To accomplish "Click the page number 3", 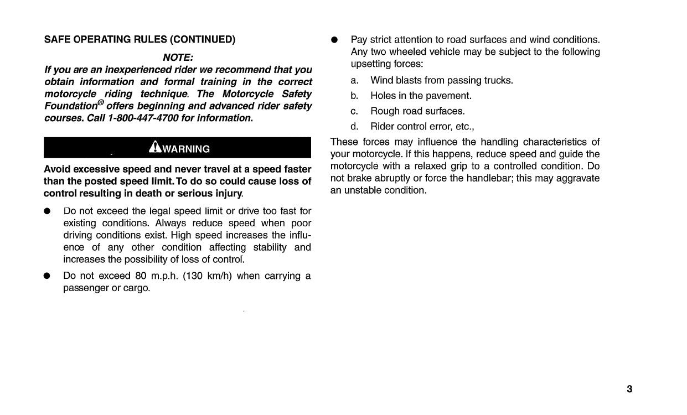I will pyautogui.click(x=629, y=389).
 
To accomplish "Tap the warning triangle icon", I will pyautogui.click(x=154, y=147).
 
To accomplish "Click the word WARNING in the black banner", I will pyautogui.click(x=186, y=149).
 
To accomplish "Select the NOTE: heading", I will pyautogui.click(x=178, y=58).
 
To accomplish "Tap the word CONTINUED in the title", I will pyautogui.click(x=203, y=39).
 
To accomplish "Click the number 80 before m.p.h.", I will pyautogui.click(x=140, y=276).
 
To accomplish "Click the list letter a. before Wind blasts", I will pyautogui.click(x=355, y=81).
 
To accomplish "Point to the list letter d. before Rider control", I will pyautogui.click(x=355, y=126).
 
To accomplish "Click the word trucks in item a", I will pyautogui.click(x=499, y=81).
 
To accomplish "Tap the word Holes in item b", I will pyautogui.click(x=383, y=96).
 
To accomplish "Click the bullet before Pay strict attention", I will pyautogui.click(x=334, y=40).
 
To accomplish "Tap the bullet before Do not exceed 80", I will pyautogui.click(x=48, y=276).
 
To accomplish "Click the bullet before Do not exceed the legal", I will pyautogui.click(x=48, y=211).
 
